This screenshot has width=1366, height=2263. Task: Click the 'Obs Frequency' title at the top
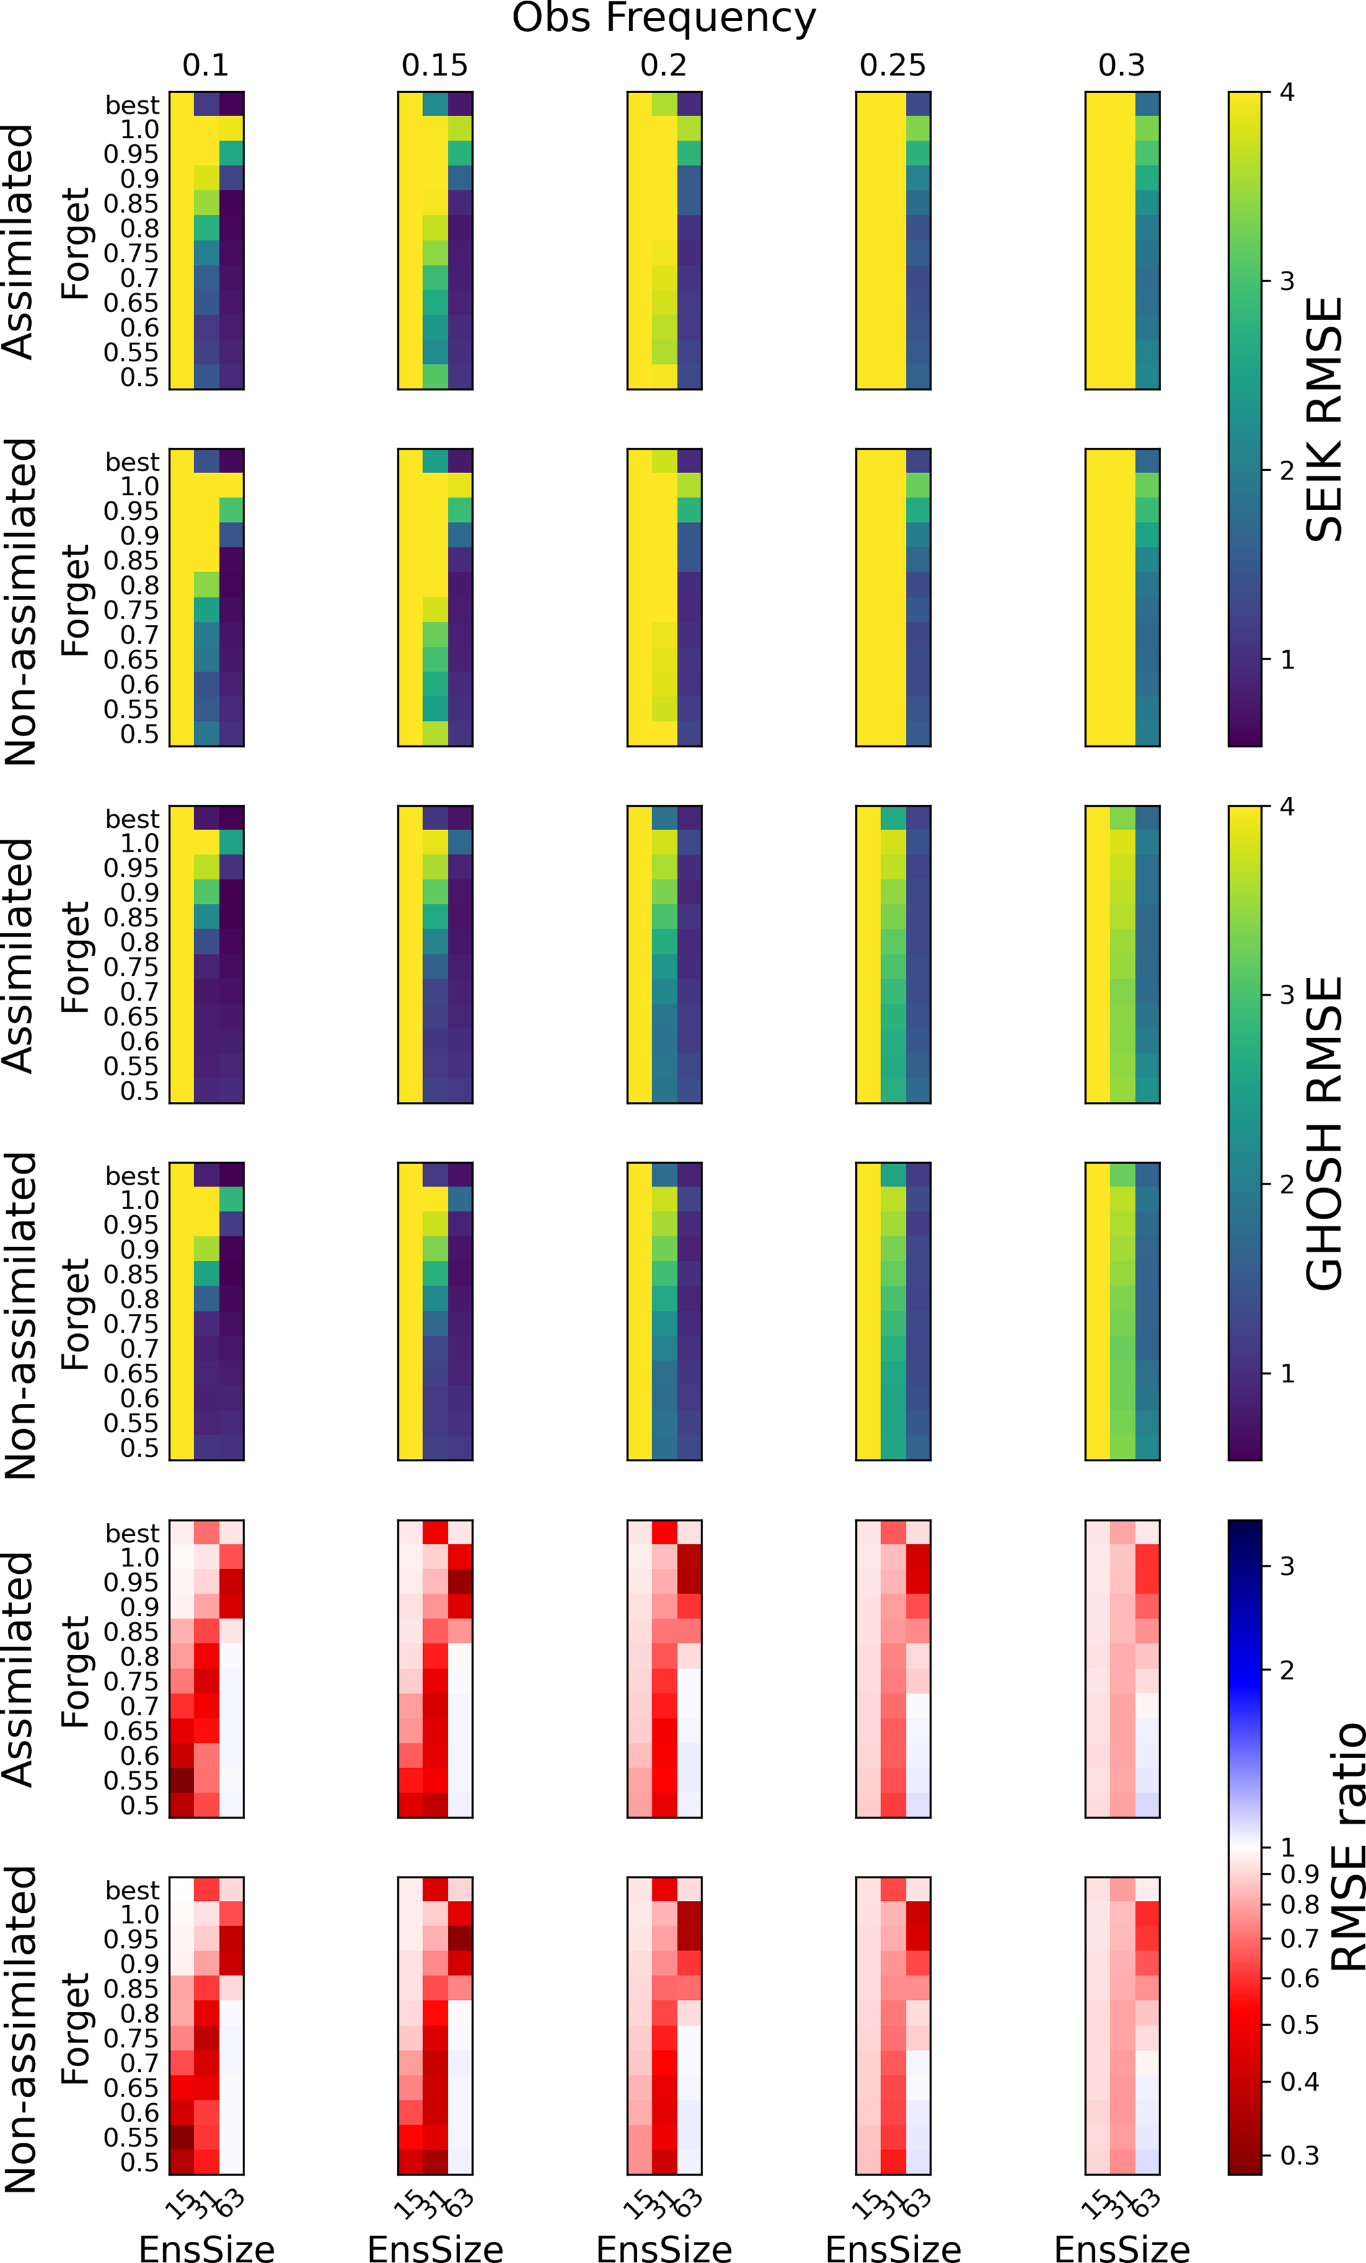click(664, 19)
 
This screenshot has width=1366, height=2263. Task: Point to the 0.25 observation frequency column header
click(893, 65)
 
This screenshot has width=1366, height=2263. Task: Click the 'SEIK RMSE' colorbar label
click(1324, 419)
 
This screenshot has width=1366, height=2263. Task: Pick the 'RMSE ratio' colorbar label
click(1347, 1847)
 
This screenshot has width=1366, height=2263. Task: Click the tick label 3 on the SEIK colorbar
click(1287, 281)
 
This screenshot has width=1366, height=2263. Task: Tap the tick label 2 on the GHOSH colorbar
click(1287, 1185)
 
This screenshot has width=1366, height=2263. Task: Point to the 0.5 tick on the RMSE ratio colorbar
click(1299, 2025)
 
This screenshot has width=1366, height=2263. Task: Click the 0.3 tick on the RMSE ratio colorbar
click(1299, 2155)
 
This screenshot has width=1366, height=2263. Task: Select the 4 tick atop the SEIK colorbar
click(1287, 92)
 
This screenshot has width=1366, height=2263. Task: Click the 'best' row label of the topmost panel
click(132, 104)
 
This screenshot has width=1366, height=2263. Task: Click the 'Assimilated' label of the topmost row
click(19, 242)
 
